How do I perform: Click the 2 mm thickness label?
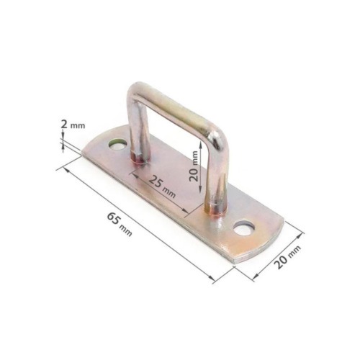(x=72, y=125)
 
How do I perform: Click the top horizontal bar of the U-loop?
(x=176, y=108)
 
